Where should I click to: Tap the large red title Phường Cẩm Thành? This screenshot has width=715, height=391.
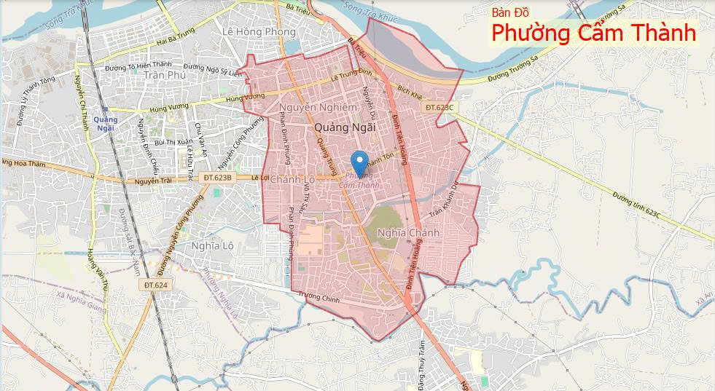tap(593, 33)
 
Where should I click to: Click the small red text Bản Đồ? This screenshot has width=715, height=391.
tap(515, 12)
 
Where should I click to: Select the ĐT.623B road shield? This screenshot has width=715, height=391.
tap(219, 178)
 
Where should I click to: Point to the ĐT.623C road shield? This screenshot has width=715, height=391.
tap(439, 107)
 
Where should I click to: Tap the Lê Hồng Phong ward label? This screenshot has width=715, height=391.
tap(259, 32)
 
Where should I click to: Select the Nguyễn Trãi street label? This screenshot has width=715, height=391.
tap(155, 181)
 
